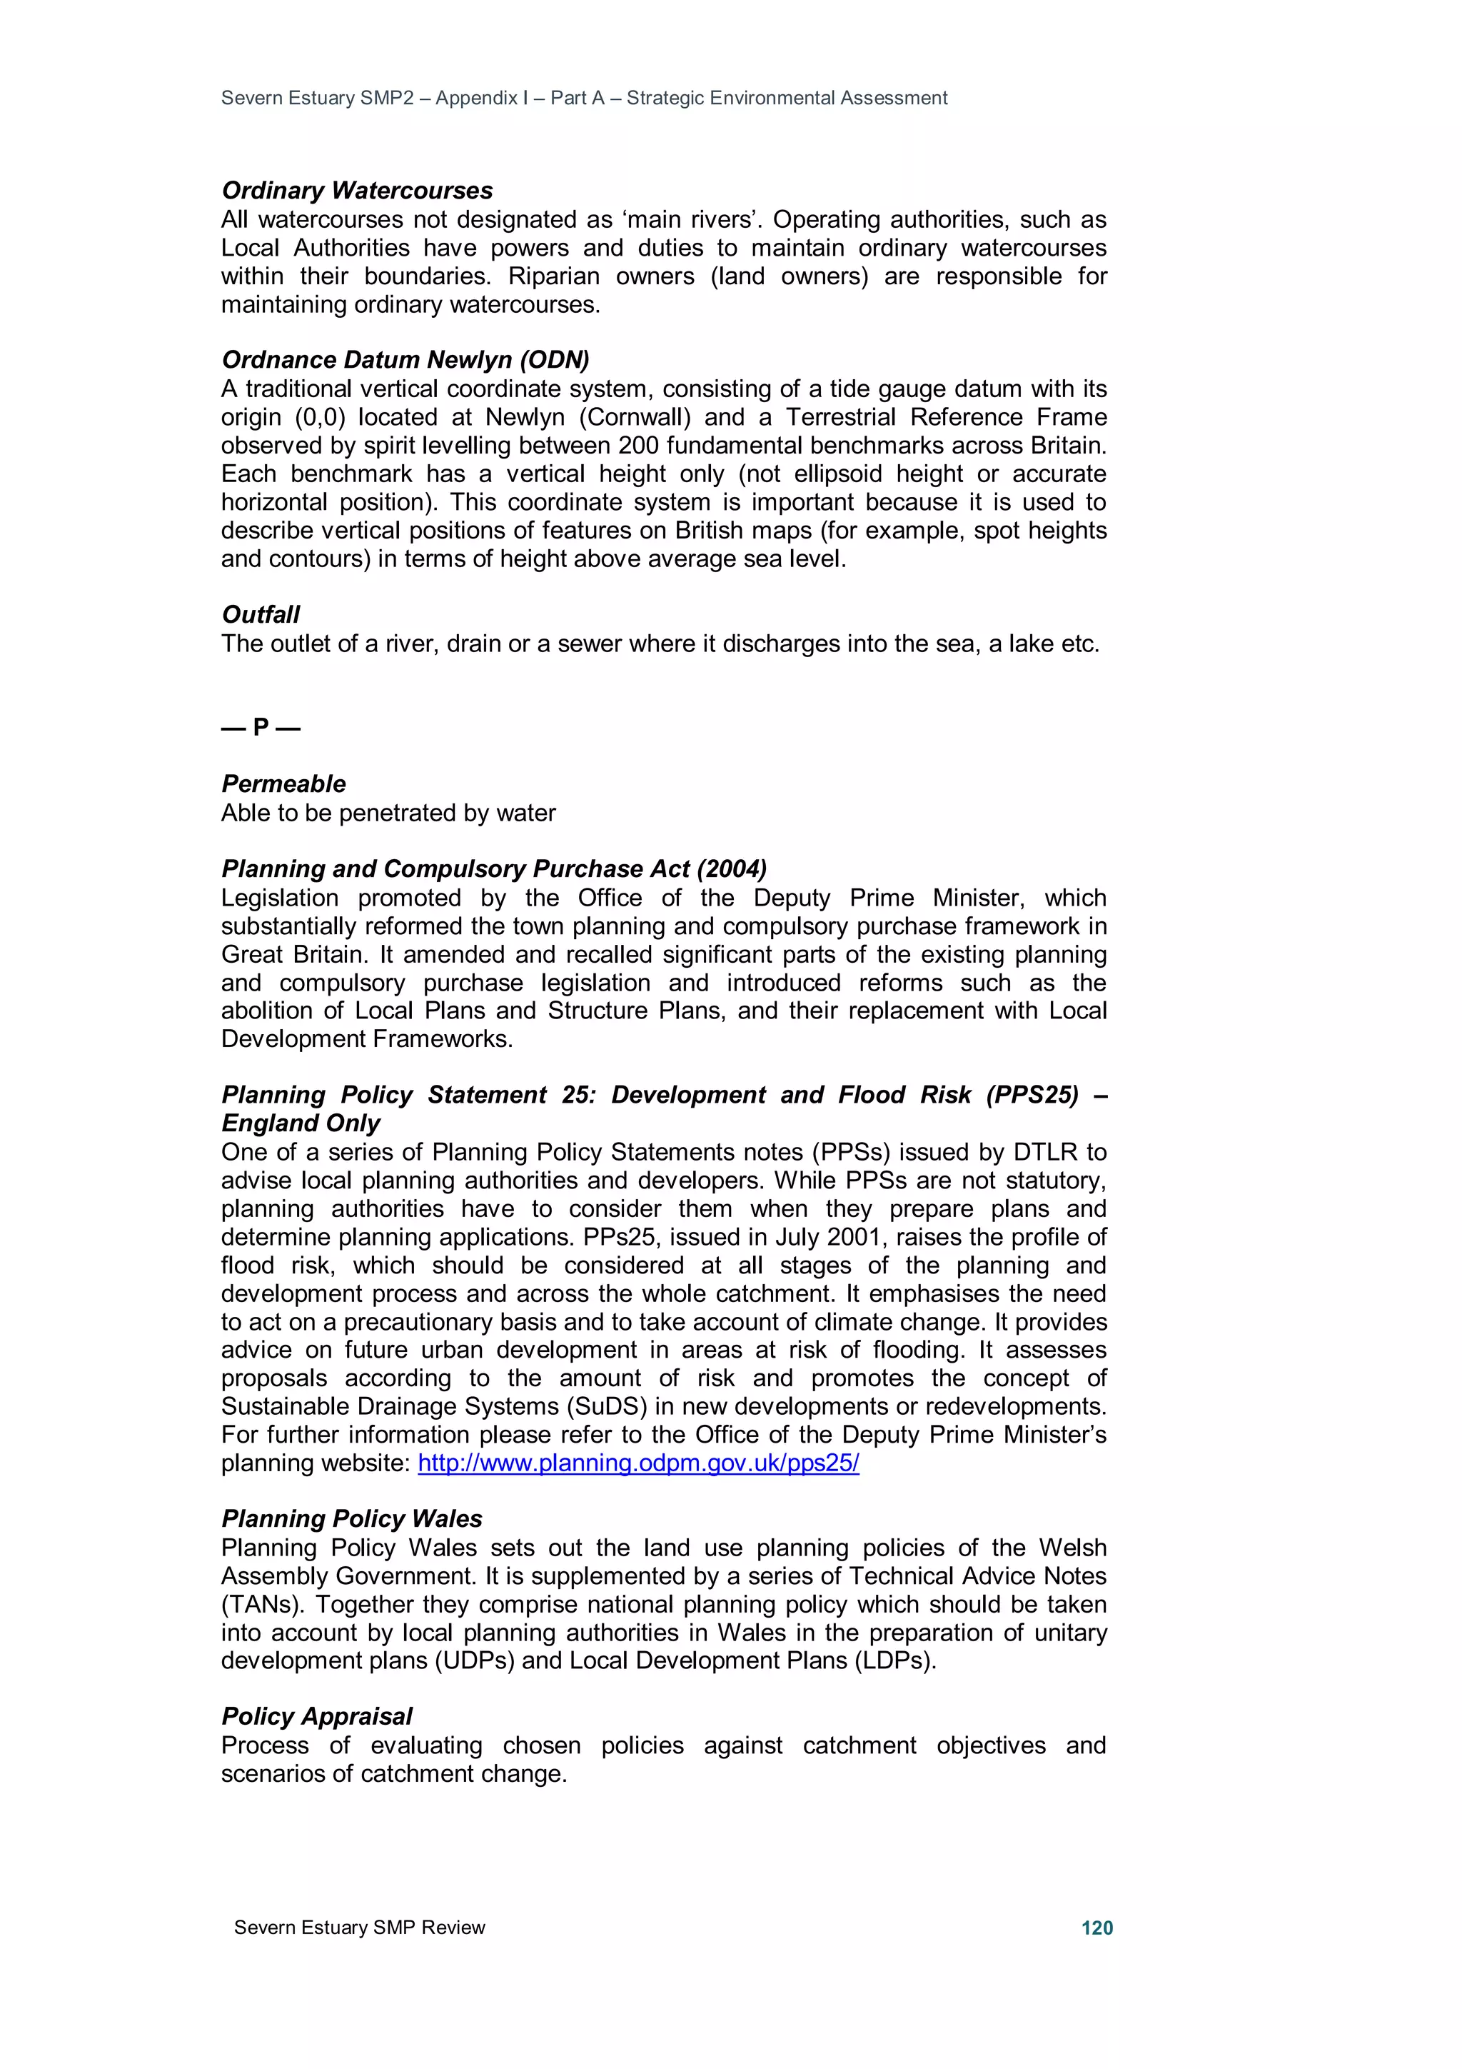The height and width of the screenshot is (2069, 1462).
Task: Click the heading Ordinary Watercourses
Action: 357,190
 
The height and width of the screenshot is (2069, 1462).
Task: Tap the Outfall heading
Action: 261,615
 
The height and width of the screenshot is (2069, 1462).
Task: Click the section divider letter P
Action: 261,726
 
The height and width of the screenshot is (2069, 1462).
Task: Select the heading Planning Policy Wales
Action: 351,1519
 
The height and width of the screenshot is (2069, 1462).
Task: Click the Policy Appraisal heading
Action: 317,1717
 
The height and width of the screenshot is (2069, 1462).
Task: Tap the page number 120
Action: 1096,1928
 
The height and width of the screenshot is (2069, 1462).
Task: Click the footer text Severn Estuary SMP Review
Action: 359,1928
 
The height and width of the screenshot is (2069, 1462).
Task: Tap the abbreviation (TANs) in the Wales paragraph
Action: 261,1605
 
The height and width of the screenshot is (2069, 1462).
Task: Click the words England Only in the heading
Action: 301,1123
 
